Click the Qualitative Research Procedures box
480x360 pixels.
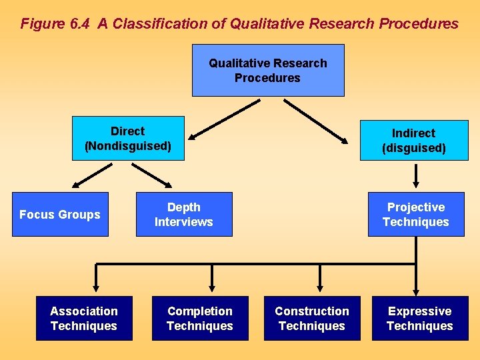268,71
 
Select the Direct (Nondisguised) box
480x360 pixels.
128,139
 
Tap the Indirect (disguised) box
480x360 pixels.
414,141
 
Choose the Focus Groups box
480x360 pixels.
60,215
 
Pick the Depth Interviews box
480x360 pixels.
184,215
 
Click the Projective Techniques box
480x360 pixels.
416,215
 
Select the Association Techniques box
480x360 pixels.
84,319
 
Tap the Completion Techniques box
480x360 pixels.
200,319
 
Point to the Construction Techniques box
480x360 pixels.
312,319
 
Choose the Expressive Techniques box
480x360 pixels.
420,319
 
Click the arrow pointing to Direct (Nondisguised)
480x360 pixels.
223,120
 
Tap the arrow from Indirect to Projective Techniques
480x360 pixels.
416,175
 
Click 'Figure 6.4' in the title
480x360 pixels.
56,24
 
